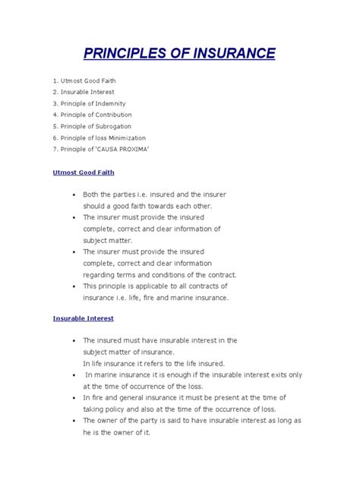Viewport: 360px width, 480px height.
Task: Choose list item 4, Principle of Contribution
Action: pos(96,114)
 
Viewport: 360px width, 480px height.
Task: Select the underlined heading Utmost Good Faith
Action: pos(84,172)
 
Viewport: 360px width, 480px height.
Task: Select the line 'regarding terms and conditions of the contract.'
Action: pos(159,274)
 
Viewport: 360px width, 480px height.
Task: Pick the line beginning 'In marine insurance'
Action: pos(193,375)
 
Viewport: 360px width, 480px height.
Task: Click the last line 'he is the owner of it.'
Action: pos(117,432)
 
